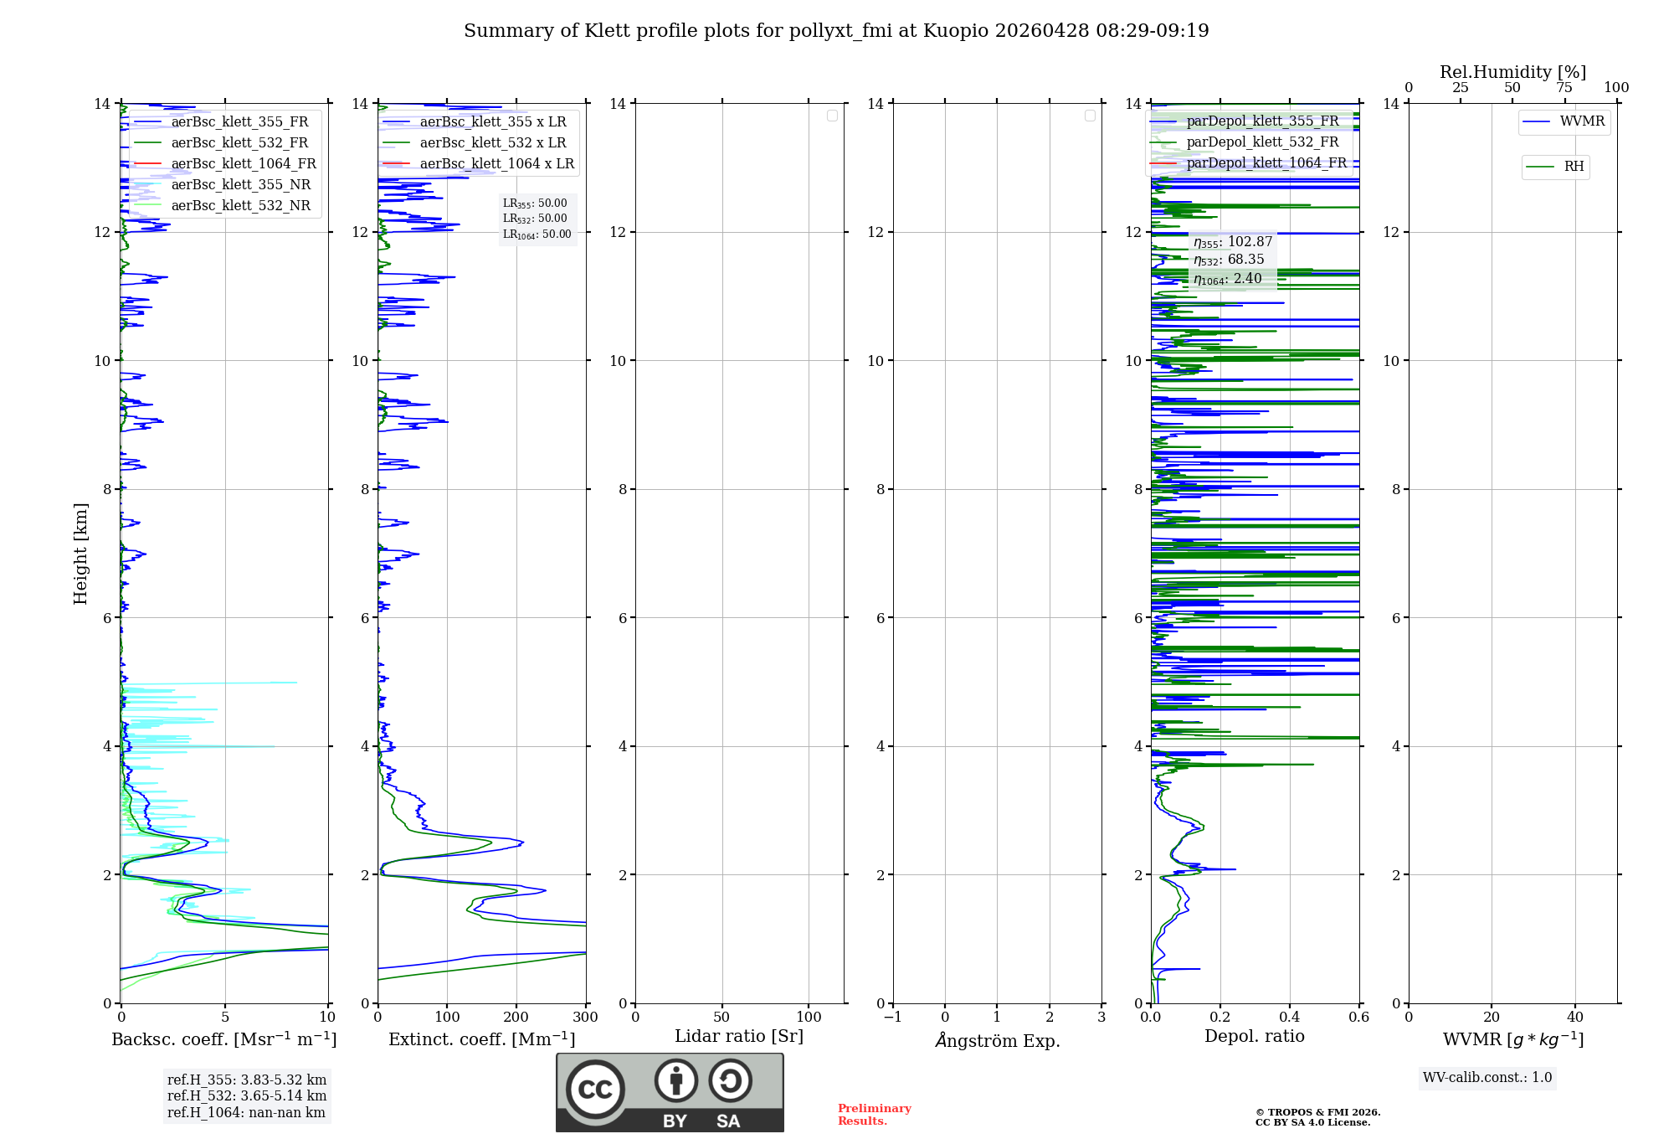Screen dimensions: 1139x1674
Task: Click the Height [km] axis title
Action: (x=80, y=554)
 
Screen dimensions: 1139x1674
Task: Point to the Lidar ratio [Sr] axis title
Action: (x=739, y=1037)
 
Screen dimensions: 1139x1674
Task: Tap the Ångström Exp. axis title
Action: (x=998, y=1041)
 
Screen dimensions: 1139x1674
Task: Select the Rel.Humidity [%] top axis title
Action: (x=1512, y=72)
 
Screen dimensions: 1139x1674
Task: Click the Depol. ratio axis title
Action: (x=1255, y=1037)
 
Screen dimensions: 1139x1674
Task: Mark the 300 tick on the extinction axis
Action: (x=585, y=1018)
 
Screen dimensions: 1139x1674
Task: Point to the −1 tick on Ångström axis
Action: (x=893, y=1018)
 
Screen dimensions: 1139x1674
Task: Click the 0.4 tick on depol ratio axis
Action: (x=1290, y=1018)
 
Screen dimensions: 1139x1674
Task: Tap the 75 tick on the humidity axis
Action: (x=1564, y=88)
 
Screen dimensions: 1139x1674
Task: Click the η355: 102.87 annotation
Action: (x=1233, y=242)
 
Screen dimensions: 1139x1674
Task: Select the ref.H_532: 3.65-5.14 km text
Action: (x=247, y=1096)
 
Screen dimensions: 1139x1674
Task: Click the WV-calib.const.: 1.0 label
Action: (x=1487, y=1078)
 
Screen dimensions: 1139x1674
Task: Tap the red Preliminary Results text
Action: (x=874, y=1115)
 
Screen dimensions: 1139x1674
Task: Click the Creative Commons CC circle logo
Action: (x=595, y=1090)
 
